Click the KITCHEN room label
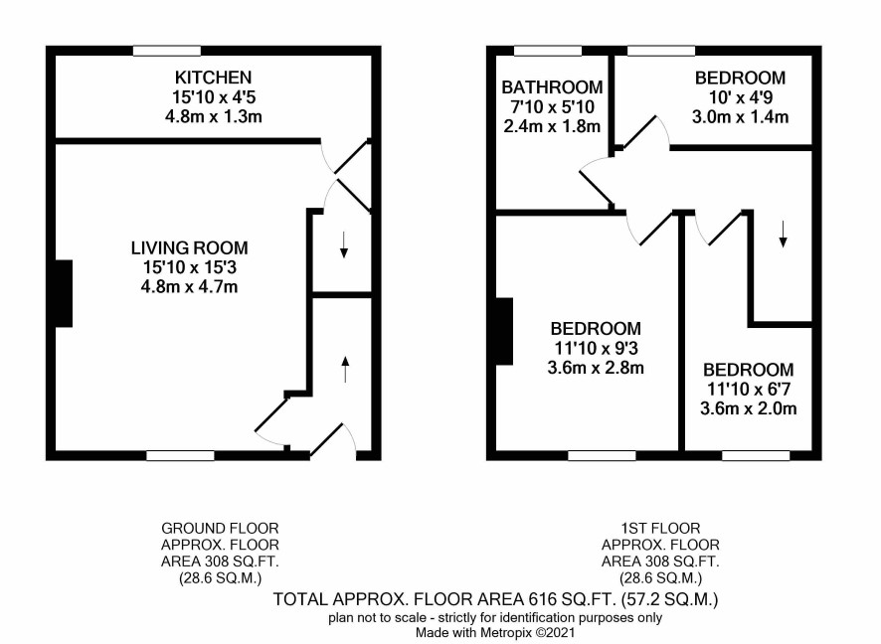pos(213,77)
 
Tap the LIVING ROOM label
pos(189,247)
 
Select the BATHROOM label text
pos(552,87)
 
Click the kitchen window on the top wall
pos(167,51)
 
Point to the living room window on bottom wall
pos(180,455)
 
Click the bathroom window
pos(548,51)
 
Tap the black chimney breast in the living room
pos(64,293)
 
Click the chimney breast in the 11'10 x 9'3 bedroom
pos(504,331)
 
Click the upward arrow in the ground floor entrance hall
pos(346,369)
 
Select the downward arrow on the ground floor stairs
pos(344,244)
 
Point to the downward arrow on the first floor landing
pos(783,235)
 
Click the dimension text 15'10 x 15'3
pos(189,267)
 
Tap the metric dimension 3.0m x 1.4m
pos(740,117)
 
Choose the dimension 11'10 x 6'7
pos(749,389)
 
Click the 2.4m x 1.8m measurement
pos(552,126)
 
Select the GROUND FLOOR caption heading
pos(220,529)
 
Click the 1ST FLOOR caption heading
pos(660,529)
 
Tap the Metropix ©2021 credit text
pos(526,633)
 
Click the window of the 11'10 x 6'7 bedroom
pos(756,455)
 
